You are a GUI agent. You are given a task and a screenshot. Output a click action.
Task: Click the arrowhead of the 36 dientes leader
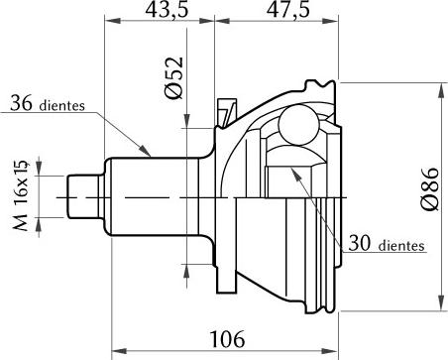(150, 155)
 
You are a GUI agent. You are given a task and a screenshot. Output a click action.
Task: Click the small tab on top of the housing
(225, 107)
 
